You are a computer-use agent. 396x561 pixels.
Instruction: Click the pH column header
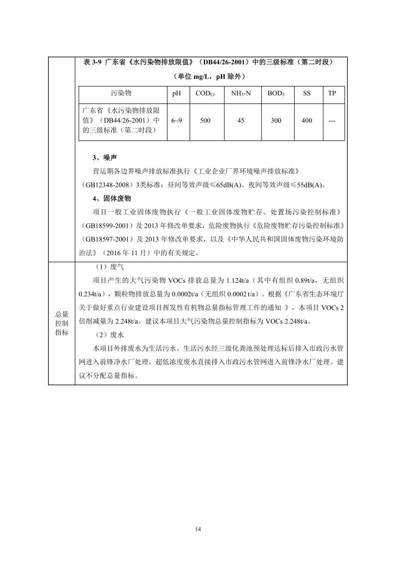177,93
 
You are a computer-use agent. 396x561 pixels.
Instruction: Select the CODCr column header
205,93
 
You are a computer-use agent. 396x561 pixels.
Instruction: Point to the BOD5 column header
276,93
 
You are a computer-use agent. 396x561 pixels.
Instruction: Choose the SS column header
307,93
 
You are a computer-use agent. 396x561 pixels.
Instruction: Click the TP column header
332,93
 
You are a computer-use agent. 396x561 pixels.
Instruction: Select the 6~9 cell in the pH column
177,121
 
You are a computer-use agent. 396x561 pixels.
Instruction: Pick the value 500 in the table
205,121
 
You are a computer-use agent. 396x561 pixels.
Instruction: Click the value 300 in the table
276,121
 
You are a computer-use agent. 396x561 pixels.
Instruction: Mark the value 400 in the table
307,121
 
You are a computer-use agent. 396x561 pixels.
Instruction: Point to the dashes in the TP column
332,121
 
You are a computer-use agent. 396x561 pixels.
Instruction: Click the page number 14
198,528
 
